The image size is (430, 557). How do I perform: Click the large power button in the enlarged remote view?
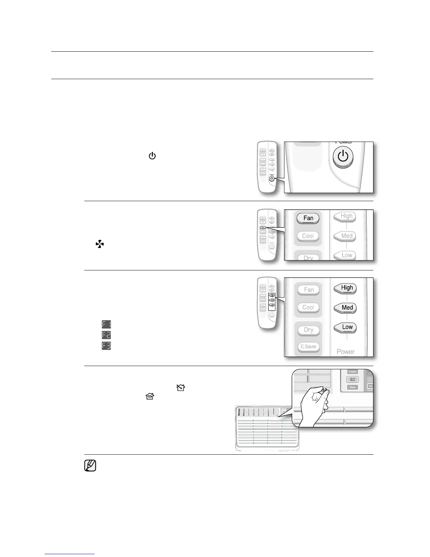click(x=343, y=156)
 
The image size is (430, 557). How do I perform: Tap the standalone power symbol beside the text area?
click(x=152, y=156)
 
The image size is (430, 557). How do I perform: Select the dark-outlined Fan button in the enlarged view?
click(x=308, y=218)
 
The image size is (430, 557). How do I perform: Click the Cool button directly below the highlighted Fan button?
click(x=308, y=236)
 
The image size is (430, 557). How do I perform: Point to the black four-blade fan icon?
click(x=100, y=244)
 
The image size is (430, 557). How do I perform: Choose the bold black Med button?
click(x=347, y=308)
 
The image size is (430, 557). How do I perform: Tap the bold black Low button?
click(x=347, y=327)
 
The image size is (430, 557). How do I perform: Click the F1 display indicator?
click(x=106, y=324)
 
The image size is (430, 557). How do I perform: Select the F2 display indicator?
click(x=106, y=335)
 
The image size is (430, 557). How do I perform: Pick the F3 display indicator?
click(x=106, y=346)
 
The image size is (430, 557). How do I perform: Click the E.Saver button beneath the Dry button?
click(x=308, y=346)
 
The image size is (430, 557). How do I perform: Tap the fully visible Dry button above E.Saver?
click(x=308, y=330)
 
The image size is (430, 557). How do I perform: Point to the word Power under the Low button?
click(x=345, y=352)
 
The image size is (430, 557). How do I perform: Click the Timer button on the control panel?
click(x=352, y=387)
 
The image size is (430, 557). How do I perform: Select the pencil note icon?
click(x=90, y=466)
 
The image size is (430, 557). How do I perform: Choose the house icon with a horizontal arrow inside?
click(x=150, y=396)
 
